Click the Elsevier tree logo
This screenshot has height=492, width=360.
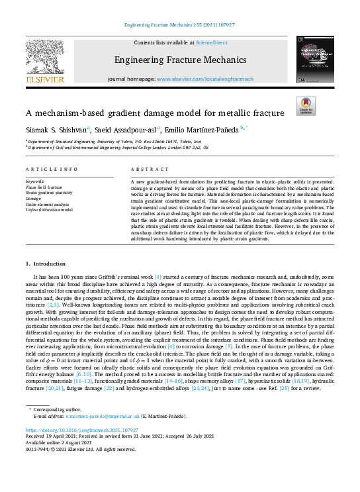coord(44,58)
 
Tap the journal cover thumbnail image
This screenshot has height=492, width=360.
coord(315,59)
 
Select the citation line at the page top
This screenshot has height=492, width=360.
coord(179,26)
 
